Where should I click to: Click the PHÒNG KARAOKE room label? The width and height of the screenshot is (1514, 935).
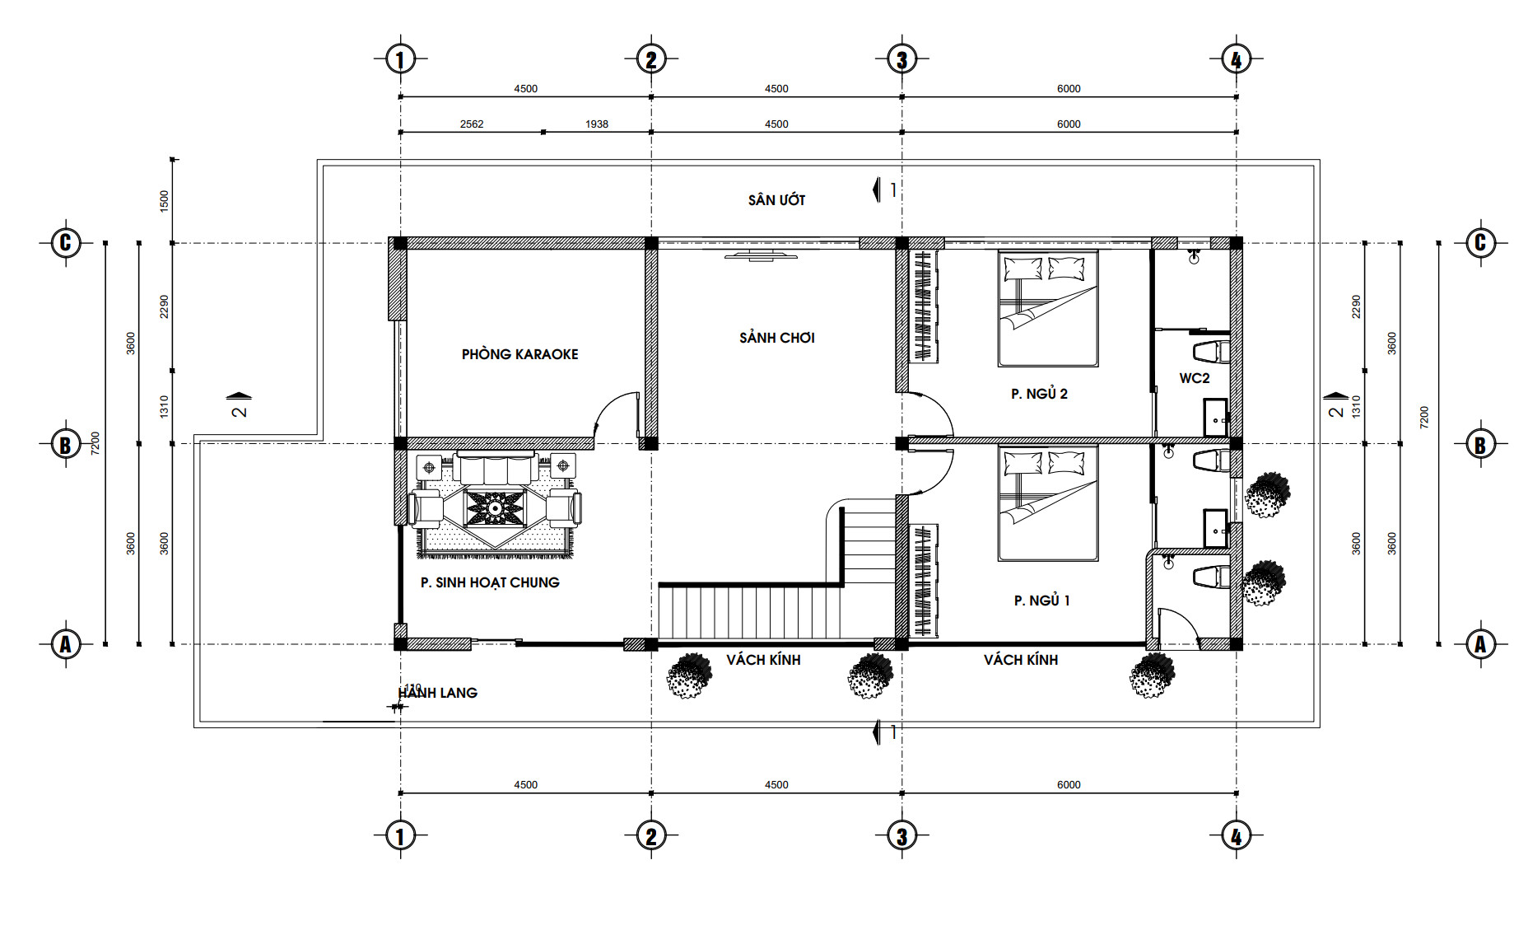coord(519,354)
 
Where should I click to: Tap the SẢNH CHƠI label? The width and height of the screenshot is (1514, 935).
coord(776,338)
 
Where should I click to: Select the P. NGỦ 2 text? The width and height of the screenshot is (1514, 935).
coord(1039,394)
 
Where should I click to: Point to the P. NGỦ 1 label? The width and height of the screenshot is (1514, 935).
coord(1041,601)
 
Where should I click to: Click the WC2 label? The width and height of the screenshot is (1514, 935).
coord(1195,378)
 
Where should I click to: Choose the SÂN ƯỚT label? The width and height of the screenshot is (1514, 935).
coord(776,199)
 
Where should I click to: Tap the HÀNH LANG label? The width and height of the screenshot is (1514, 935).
coord(437,693)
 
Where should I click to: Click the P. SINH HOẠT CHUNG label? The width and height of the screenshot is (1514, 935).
coord(490,582)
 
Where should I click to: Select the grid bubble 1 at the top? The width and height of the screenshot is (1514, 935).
coord(400,59)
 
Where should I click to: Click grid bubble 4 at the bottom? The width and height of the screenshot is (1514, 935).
coord(1236,836)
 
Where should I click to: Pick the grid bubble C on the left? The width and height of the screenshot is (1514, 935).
coord(66,243)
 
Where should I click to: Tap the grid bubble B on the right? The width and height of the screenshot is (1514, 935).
coord(1480,444)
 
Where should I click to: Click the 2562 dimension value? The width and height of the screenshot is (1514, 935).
coord(472,124)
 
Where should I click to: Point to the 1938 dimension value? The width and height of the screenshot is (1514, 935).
coord(597,124)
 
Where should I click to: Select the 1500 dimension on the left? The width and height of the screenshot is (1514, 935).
coord(164,202)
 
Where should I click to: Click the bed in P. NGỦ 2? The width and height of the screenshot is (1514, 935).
coord(1048,308)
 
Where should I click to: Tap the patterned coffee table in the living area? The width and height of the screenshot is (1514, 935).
coord(495,508)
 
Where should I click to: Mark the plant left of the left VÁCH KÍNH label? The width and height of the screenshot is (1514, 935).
coord(688,676)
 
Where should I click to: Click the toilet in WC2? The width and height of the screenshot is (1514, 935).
coord(1211,352)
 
